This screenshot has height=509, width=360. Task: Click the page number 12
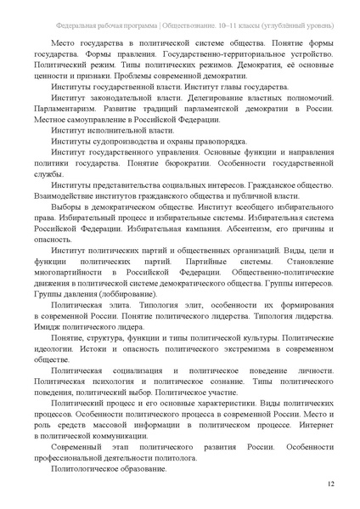click(330, 484)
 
